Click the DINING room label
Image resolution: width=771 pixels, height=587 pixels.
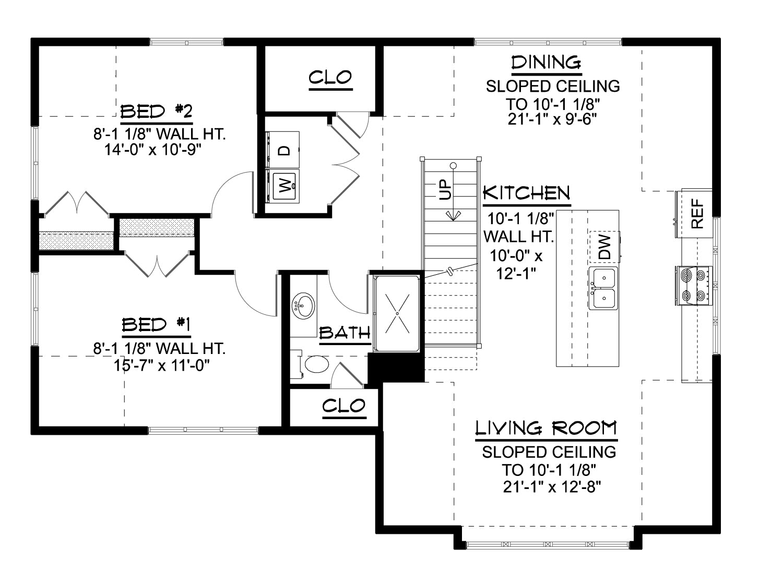pyautogui.click(x=546, y=63)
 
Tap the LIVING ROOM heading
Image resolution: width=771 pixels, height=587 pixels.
pyautogui.click(x=546, y=428)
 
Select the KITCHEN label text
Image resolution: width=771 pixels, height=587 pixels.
pyautogui.click(x=526, y=193)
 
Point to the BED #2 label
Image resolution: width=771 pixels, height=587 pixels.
pyautogui.click(x=156, y=112)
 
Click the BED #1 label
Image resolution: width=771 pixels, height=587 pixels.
pyautogui.click(x=156, y=325)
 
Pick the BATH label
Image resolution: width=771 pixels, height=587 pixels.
pyautogui.click(x=345, y=333)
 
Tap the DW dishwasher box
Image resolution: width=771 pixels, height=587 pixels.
pyautogui.click(x=604, y=247)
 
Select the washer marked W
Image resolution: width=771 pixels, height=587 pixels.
pyautogui.click(x=283, y=186)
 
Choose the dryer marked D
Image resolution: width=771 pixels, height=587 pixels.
pyautogui.click(x=283, y=150)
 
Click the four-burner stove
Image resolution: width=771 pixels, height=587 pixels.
pyautogui.click(x=693, y=286)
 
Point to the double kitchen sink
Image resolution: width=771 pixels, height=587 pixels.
pyautogui.click(x=603, y=288)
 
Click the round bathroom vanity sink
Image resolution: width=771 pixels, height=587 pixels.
pyautogui.click(x=303, y=307)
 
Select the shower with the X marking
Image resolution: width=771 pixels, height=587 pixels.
pyautogui.click(x=397, y=313)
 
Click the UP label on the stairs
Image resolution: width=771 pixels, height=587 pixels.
pyautogui.click(x=445, y=190)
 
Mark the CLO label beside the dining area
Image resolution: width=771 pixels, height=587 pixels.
pyautogui.click(x=330, y=78)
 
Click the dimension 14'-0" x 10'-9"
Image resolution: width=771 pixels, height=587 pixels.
pyautogui.click(x=153, y=150)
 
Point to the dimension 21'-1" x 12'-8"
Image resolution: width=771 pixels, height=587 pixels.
pyautogui.click(x=552, y=487)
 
